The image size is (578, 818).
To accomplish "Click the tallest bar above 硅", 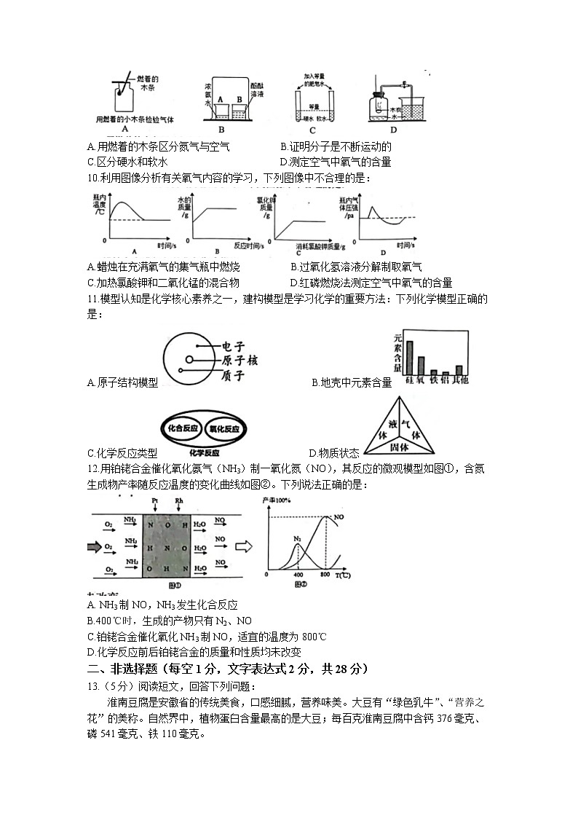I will point(410,356).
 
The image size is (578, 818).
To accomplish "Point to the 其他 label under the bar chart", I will point(459,380).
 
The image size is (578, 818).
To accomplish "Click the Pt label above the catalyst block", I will point(154,502).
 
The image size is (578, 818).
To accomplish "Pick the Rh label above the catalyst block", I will point(179,502).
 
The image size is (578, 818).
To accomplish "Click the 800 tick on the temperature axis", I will point(325,575).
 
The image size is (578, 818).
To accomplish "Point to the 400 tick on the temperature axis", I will point(298,575).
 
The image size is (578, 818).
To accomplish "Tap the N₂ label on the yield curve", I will point(297,540).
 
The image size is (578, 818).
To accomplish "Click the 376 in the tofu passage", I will point(429,718).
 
